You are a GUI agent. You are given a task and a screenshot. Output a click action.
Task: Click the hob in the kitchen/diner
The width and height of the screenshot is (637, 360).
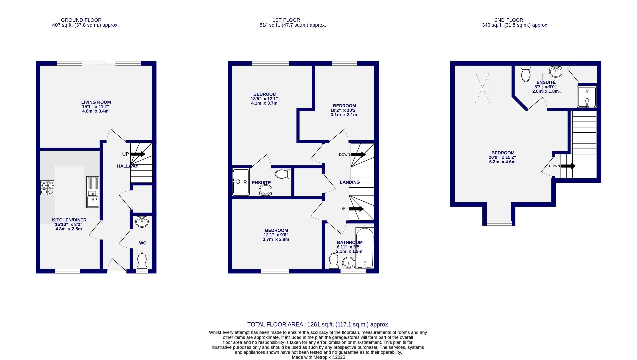point(47,188)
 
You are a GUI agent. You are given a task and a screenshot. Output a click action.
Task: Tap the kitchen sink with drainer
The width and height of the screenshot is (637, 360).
point(92,192)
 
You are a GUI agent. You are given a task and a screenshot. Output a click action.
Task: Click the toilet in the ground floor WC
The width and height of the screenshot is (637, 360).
point(142,261)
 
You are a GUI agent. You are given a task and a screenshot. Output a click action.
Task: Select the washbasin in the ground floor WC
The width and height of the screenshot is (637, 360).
point(142,221)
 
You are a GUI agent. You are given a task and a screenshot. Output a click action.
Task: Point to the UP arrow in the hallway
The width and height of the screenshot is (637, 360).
point(138,154)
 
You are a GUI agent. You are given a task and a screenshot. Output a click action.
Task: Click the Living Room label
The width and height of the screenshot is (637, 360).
point(96,102)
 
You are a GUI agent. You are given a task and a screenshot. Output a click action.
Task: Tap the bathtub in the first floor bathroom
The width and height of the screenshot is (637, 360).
point(364,248)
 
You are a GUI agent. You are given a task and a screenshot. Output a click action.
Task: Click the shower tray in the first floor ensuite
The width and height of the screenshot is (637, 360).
point(241,182)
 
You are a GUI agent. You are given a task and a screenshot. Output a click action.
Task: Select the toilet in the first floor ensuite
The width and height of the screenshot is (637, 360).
point(283,174)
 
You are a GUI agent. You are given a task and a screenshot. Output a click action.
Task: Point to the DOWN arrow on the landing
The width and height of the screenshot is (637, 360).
point(358,155)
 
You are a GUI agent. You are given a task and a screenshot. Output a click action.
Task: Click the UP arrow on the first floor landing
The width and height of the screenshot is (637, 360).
point(356,209)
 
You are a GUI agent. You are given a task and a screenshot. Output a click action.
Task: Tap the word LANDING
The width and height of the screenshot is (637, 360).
point(350,182)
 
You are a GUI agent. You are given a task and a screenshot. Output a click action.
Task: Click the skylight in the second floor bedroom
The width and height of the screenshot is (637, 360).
point(482,88)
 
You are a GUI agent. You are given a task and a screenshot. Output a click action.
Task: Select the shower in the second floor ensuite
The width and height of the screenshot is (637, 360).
point(587,97)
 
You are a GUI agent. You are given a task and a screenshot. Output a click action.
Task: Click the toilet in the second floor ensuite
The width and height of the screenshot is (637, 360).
point(526,73)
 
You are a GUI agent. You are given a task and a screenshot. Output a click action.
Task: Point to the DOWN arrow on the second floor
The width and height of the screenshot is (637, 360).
point(568,166)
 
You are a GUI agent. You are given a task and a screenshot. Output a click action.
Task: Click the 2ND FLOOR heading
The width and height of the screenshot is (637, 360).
point(509,20)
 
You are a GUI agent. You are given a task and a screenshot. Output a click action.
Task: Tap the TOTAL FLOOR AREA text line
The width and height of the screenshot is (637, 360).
point(318,324)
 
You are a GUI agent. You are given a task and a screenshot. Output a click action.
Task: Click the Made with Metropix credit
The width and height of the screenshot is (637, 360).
point(318,357)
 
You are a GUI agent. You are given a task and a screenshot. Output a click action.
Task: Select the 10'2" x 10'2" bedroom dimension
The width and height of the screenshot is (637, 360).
point(344,110)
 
